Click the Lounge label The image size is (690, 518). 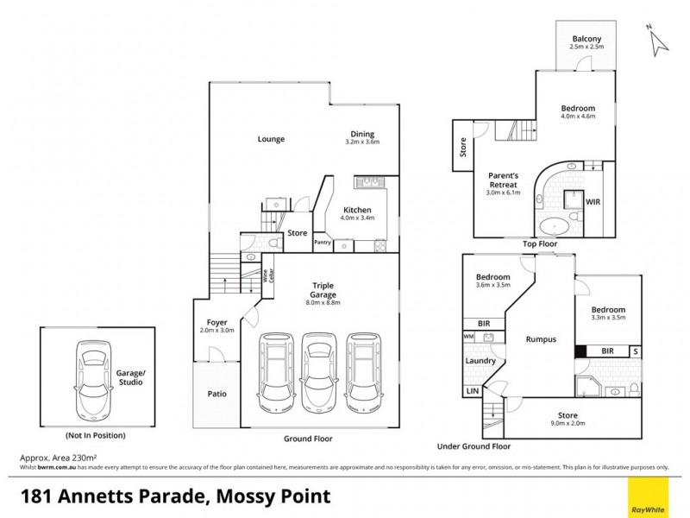[271, 139]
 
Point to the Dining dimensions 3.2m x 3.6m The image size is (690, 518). [362, 142]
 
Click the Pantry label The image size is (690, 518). [323, 243]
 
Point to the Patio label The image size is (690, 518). [216, 394]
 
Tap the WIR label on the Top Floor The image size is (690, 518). [593, 202]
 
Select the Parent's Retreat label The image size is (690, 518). [504, 180]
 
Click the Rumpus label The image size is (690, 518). [541, 339]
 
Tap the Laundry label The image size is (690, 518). [479, 361]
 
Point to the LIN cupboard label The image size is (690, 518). [472, 392]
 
